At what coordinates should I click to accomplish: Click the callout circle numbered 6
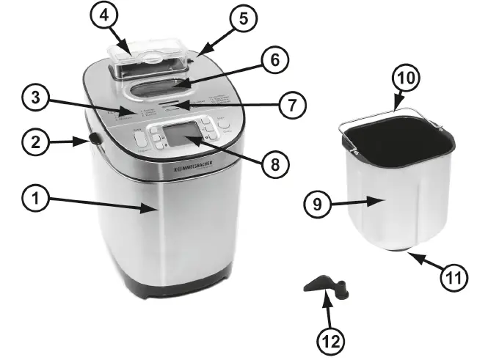[273, 60]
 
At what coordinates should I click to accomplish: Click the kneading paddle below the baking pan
[324, 285]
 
